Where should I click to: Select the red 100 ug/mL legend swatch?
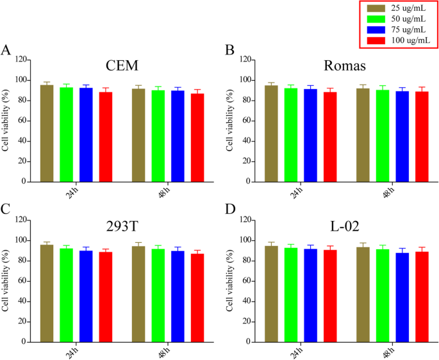(x=378, y=41)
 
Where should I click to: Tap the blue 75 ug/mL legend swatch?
(x=378, y=30)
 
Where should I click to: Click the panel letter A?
(x=6, y=51)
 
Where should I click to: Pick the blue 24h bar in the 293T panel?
(x=86, y=296)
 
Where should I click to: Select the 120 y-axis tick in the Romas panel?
(x=244, y=60)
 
